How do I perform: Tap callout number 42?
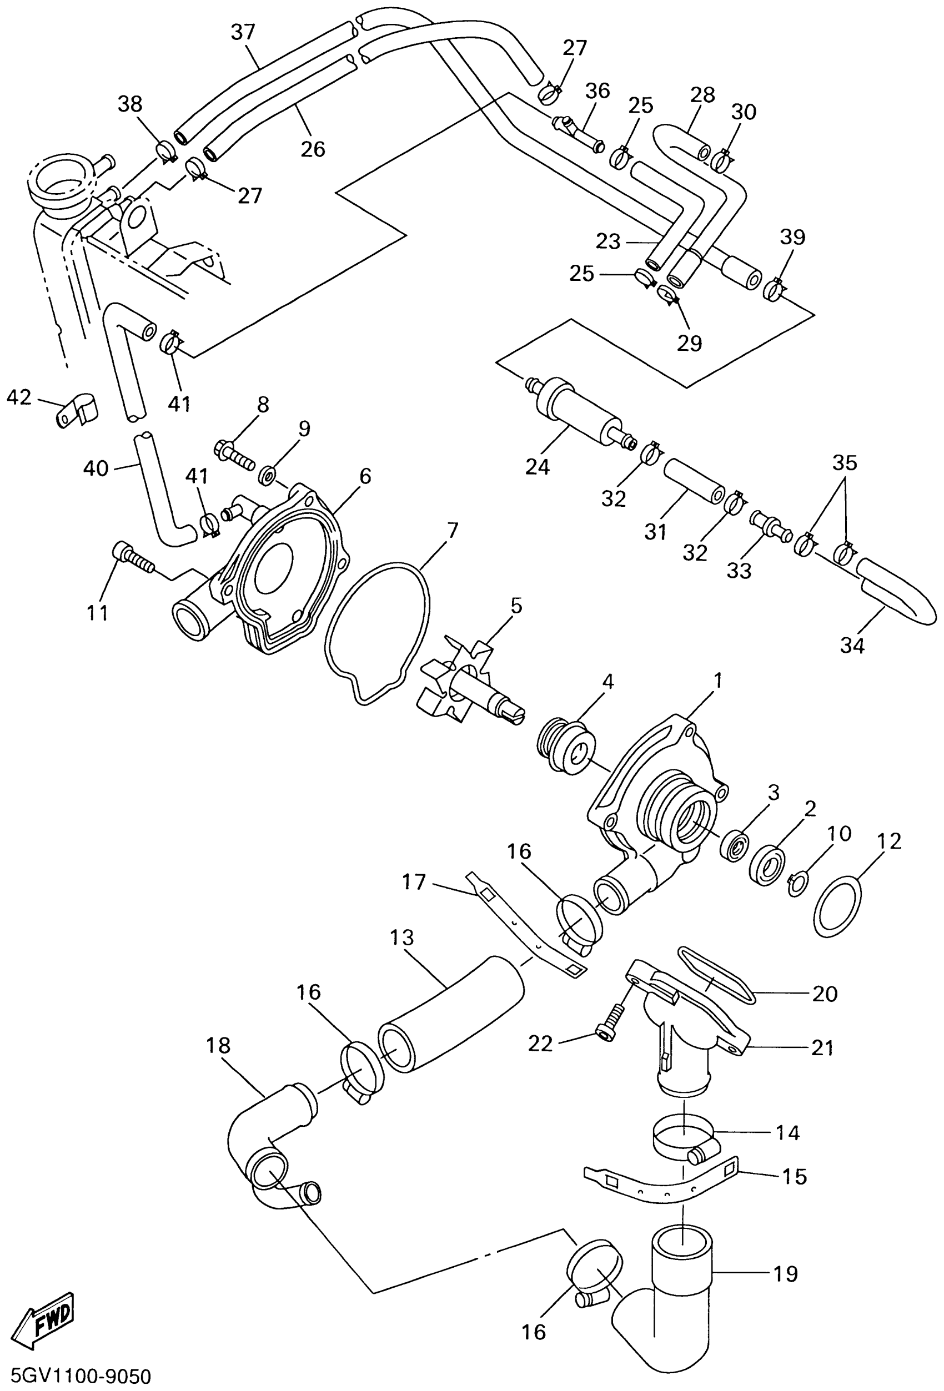pos(18,397)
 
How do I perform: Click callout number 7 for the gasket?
pos(452,530)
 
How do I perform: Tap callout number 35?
pos(845,463)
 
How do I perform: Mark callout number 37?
pos(243,32)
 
